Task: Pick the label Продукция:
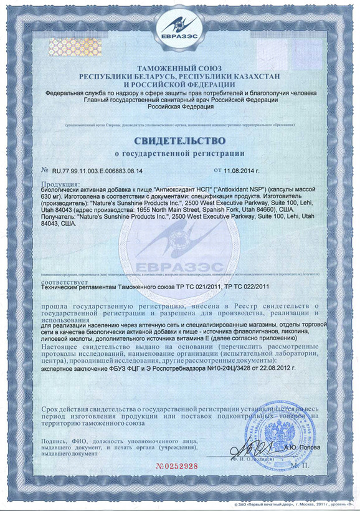click(60, 184)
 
